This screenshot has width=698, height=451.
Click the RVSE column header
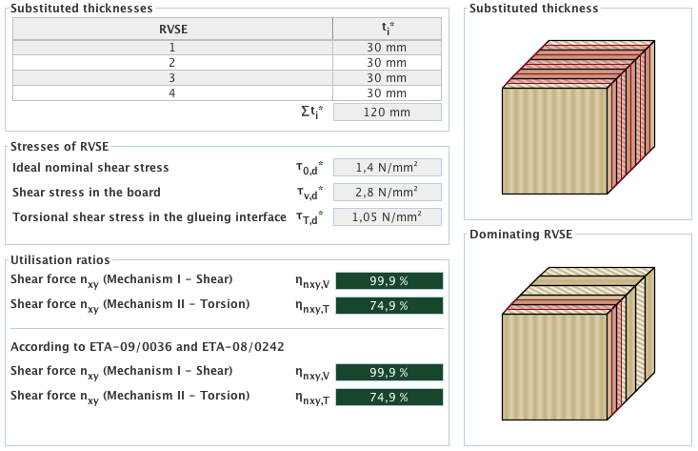coord(172,29)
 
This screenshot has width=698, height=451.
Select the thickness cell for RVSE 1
coord(387,47)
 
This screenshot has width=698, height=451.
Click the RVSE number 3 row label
coord(172,77)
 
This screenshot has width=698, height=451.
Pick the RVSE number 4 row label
coord(172,92)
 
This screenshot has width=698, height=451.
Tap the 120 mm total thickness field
coord(387,113)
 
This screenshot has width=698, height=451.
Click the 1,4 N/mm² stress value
coord(387,167)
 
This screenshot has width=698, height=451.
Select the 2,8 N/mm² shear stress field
coord(387,192)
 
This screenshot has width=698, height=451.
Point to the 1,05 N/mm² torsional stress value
coord(387,216)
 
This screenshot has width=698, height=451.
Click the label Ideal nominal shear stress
coord(90,168)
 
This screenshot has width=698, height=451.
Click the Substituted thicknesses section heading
coord(81,9)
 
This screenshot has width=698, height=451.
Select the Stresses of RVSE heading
coord(59,146)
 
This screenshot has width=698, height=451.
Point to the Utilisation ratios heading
coord(59,259)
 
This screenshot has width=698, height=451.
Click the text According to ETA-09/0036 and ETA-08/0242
coord(136,347)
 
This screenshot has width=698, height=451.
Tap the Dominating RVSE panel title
coord(521,234)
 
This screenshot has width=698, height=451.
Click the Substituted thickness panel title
coord(534,9)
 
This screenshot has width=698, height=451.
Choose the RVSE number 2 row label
coord(172,62)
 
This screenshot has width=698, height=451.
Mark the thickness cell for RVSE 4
coord(387,92)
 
